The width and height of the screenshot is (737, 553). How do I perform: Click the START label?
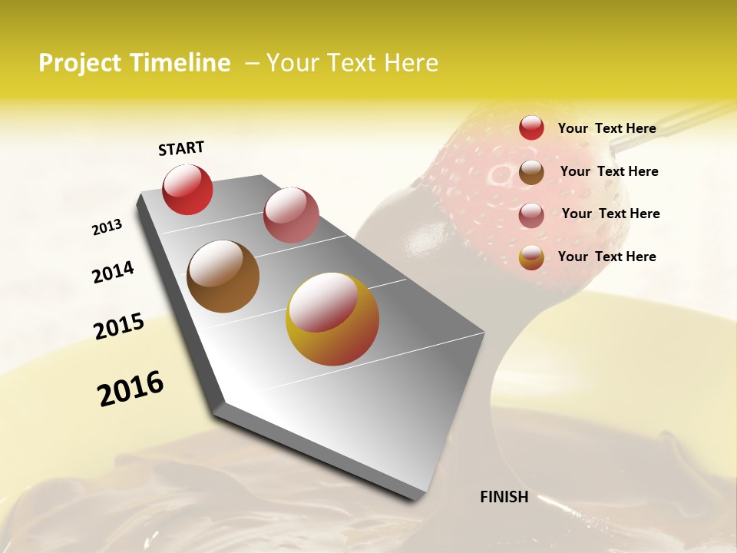pyautogui.click(x=181, y=148)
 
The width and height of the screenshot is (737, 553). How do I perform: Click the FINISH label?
pyautogui.click(x=504, y=497)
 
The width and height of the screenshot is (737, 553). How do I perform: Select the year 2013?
pyautogui.click(x=107, y=227)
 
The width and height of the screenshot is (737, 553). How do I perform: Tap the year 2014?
pyautogui.click(x=113, y=272)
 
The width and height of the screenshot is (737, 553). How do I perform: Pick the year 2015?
pyautogui.click(x=119, y=326)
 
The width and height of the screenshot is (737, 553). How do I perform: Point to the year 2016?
pyautogui.click(x=131, y=389)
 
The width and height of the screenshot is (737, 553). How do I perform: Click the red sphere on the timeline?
pyautogui.click(x=187, y=190)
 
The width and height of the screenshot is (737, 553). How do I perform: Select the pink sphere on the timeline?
pyautogui.click(x=291, y=215)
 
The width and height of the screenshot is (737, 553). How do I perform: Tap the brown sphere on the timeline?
pyautogui.click(x=223, y=276)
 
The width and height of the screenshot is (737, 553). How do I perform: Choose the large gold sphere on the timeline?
pyautogui.click(x=332, y=319)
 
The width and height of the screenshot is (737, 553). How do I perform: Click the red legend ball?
pyautogui.click(x=531, y=127)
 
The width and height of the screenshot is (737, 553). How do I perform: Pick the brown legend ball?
pyautogui.click(x=531, y=172)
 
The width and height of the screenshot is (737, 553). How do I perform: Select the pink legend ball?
pyautogui.click(x=531, y=215)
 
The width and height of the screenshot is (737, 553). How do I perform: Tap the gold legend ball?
pyautogui.click(x=531, y=257)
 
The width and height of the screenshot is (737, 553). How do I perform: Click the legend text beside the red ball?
pyautogui.click(x=606, y=128)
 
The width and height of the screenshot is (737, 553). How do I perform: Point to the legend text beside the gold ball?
pyautogui.click(x=606, y=257)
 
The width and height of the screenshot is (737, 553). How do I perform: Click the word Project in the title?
pyautogui.click(x=81, y=63)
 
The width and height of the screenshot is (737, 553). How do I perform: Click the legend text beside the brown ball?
pyautogui.click(x=609, y=171)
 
